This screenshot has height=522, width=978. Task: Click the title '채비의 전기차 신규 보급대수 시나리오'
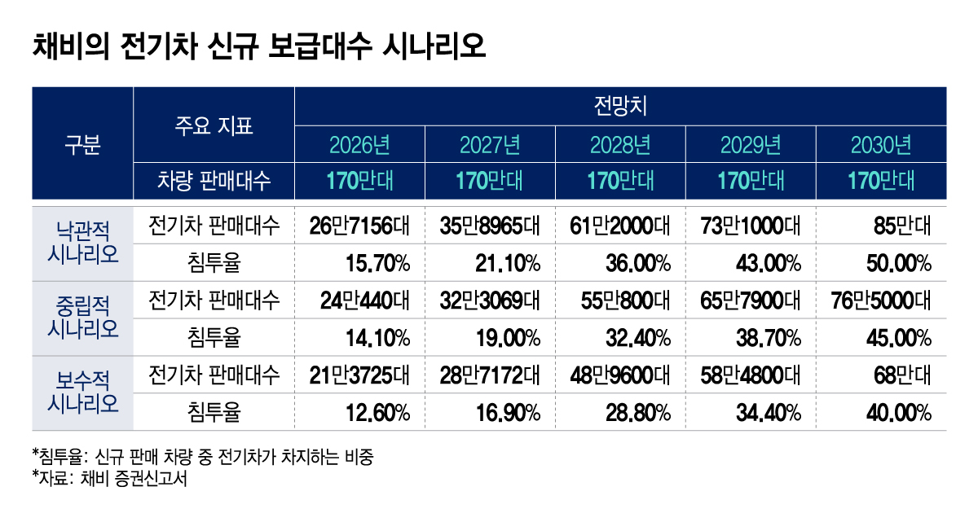(x=258, y=45)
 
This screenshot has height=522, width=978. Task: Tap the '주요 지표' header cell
(x=214, y=125)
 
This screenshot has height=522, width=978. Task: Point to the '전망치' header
(x=620, y=106)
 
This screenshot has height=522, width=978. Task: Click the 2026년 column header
(x=359, y=146)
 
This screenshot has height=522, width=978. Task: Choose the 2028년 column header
(x=620, y=146)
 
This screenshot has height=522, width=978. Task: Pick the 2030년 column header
(x=881, y=146)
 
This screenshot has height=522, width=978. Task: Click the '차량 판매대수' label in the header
(x=214, y=180)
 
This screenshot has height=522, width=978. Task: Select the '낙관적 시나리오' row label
(x=81, y=243)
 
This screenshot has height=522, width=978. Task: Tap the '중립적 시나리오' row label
(x=81, y=318)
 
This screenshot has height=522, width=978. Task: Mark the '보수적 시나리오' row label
(x=81, y=393)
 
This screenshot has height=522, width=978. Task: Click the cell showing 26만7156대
(x=359, y=225)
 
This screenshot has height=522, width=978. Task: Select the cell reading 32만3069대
(x=490, y=300)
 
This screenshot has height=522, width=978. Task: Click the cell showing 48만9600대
(x=620, y=375)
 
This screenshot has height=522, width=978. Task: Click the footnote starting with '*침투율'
(x=203, y=456)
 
